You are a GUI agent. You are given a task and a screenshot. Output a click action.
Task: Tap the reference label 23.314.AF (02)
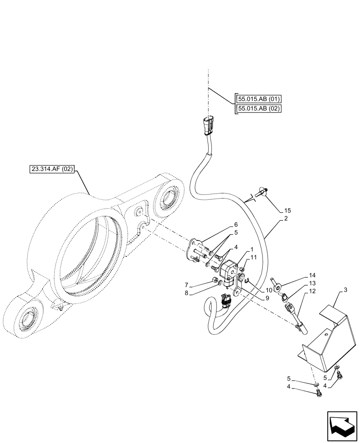[x=52, y=168]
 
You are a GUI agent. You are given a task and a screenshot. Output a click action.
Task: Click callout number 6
[x=236, y=224]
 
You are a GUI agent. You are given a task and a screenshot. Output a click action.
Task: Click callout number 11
[x=253, y=257]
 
